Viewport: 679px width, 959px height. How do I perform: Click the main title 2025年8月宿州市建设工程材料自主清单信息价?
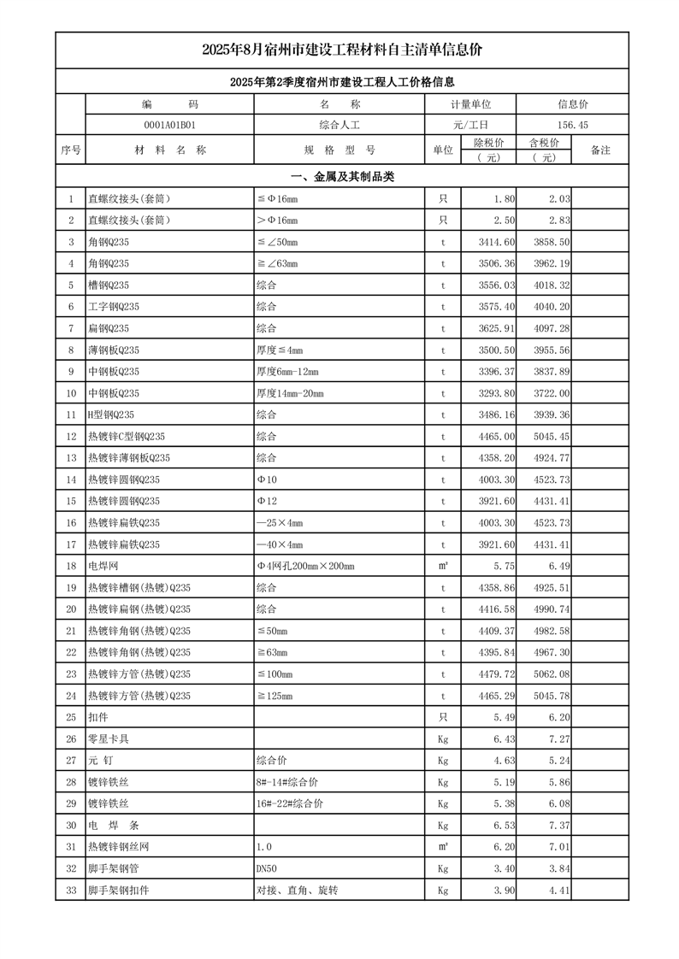click(342, 50)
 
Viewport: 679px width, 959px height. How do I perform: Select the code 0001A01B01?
click(169, 125)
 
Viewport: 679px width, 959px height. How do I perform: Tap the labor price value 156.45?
click(572, 125)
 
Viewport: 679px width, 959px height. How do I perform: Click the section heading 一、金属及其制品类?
click(342, 177)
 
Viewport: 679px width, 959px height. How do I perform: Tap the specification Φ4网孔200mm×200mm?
click(305, 566)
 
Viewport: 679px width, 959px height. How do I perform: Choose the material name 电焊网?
click(101, 566)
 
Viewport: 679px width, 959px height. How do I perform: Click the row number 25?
click(70, 717)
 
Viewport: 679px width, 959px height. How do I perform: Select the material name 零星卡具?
click(105, 738)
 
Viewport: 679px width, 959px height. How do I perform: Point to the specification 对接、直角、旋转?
click(297, 890)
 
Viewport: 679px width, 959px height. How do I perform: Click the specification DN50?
click(268, 868)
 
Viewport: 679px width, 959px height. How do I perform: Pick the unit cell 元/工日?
click(470, 125)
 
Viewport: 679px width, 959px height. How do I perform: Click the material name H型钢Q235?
click(111, 415)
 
